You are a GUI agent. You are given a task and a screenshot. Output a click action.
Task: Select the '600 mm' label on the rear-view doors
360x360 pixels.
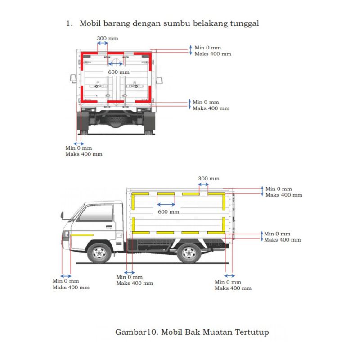[119, 72]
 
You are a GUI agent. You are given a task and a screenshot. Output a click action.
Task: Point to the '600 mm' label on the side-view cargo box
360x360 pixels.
[169, 211]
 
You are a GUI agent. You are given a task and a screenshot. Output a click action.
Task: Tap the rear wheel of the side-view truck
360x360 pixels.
[189, 252]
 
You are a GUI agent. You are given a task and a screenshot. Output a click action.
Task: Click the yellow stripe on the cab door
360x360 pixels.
[81, 235]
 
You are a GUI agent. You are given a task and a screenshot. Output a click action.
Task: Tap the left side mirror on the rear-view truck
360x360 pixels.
[72, 78]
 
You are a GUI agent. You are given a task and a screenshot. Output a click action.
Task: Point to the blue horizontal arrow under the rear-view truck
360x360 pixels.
[79, 144]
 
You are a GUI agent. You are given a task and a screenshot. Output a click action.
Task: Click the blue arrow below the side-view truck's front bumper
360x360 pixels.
[66, 276]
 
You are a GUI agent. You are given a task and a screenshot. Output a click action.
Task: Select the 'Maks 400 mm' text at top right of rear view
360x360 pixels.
[212, 54]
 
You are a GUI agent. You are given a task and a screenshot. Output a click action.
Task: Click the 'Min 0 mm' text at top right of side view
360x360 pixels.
[279, 189]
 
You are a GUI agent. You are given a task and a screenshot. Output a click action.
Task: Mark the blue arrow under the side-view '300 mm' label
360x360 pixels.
[203, 184]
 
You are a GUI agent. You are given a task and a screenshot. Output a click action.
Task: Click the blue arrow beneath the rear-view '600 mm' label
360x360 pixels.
[116, 64]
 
